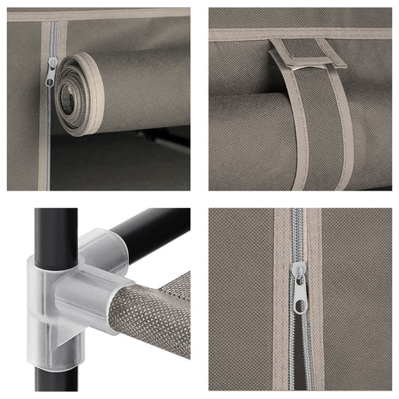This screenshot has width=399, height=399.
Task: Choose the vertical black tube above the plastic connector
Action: click(55, 230)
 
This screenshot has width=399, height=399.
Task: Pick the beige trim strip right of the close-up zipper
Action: click(316, 301)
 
